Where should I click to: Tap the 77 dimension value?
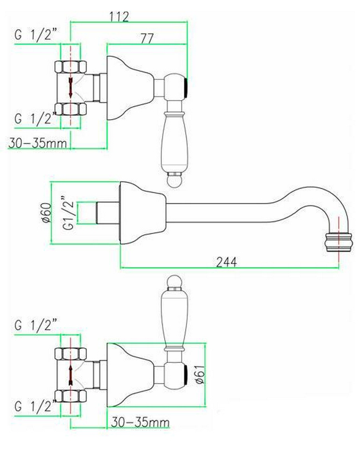click(147, 38)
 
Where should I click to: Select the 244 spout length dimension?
click(227, 262)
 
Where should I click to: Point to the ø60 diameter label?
click(47, 213)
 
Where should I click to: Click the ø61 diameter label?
click(200, 374)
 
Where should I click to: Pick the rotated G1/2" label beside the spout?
click(68, 213)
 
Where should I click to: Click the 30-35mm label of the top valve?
click(37, 143)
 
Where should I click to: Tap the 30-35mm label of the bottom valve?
click(140, 422)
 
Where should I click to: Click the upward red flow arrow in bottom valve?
click(71, 375)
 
